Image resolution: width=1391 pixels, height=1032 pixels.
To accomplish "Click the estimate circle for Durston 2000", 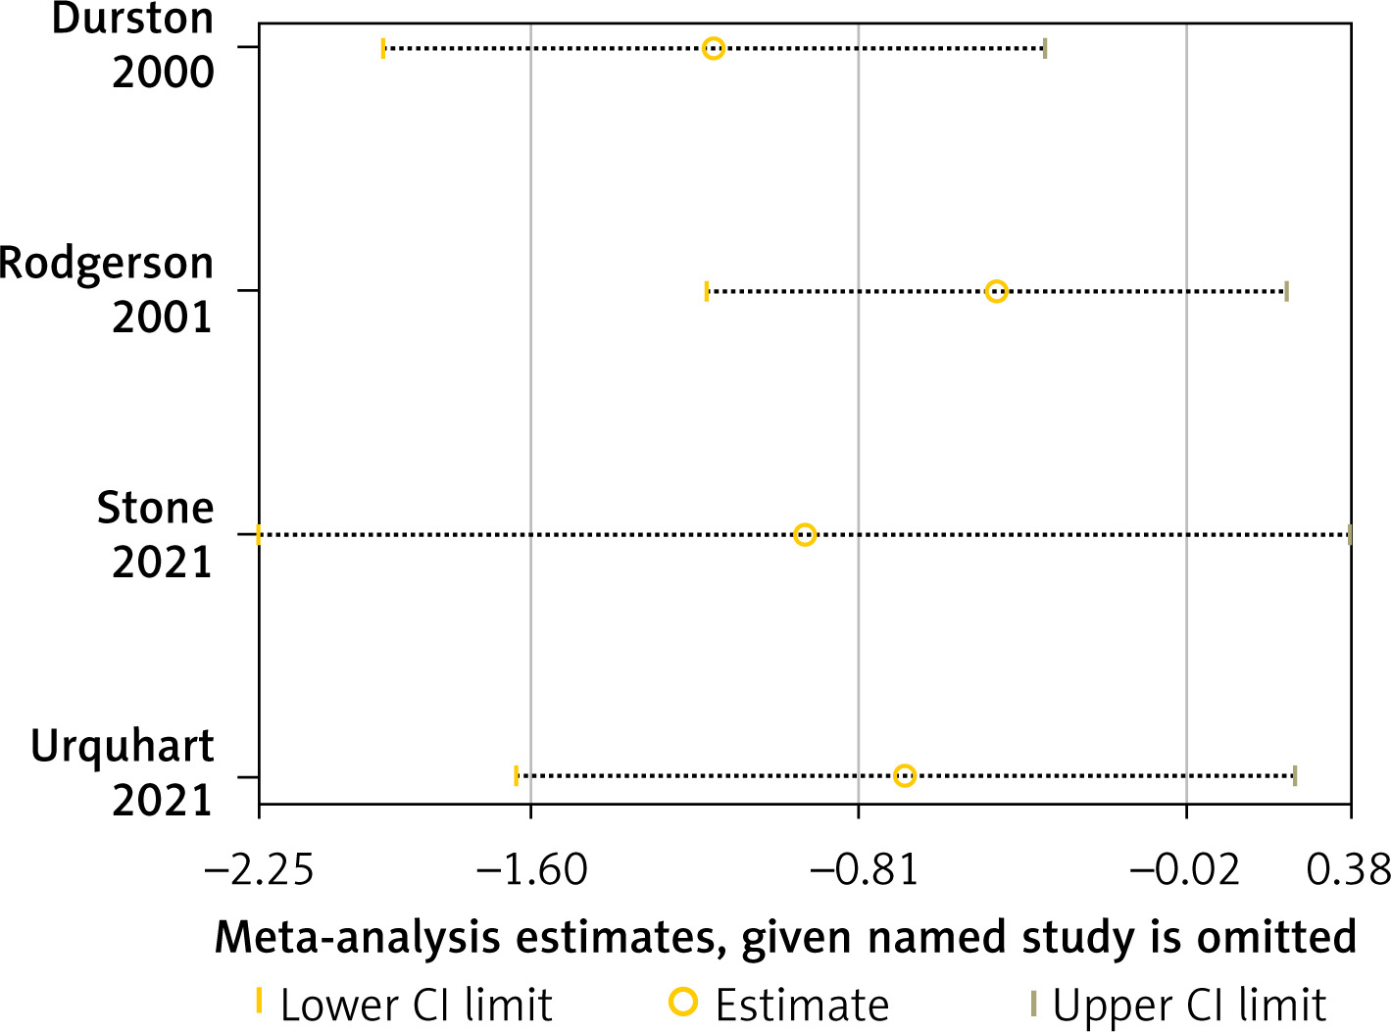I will (x=714, y=48).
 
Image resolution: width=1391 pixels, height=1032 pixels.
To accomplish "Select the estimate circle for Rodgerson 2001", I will (x=996, y=291).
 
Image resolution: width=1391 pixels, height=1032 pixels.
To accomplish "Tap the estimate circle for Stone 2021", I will (x=805, y=534).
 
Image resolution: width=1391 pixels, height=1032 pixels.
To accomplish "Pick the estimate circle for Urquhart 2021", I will (x=905, y=776).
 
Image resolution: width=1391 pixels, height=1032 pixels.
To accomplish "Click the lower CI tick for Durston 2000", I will (x=383, y=48).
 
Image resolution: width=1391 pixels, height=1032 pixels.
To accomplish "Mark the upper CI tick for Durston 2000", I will (x=1045, y=48).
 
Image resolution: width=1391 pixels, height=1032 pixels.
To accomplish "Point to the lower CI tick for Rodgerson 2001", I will (x=706, y=291).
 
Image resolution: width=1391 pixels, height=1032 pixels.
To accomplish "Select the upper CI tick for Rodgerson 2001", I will (x=1286, y=291).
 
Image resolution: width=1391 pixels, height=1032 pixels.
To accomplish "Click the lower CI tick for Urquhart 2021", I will (x=516, y=776).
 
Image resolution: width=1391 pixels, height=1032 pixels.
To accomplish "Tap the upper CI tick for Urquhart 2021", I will (x=1295, y=776).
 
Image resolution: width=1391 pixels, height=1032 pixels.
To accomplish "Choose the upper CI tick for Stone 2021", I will (x=1350, y=534).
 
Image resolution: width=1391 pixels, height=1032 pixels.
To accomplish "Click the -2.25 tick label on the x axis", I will (x=259, y=869).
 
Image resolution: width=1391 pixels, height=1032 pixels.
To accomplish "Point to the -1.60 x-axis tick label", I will (x=531, y=869).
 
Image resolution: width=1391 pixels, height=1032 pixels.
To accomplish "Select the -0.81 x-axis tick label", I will (x=859, y=869).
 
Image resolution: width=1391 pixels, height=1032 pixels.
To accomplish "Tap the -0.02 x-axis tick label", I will (x=1186, y=869).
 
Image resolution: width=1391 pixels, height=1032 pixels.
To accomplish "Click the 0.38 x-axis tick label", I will (x=1350, y=869).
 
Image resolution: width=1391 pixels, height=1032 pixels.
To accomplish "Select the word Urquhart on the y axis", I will (x=122, y=748).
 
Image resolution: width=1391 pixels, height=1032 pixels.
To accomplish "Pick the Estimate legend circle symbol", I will (x=683, y=1002).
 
